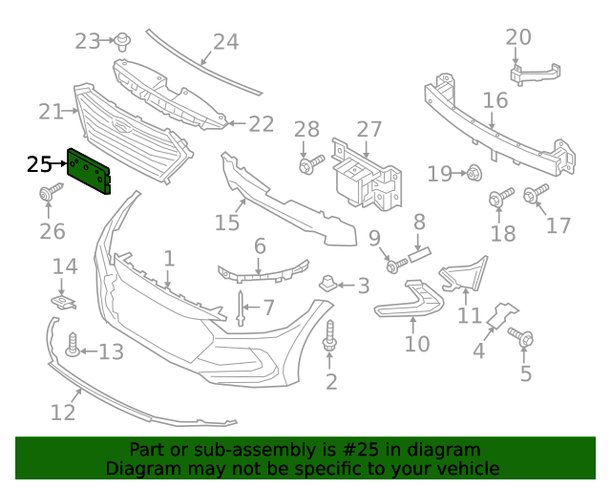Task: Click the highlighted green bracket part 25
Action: click(x=89, y=170)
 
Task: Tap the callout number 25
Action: click(x=39, y=164)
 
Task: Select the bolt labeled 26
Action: click(x=46, y=196)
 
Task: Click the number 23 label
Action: click(x=88, y=41)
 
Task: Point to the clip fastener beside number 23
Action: click(x=123, y=40)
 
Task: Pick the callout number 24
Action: click(x=225, y=41)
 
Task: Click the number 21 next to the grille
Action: click(x=51, y=112)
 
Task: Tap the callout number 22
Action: click(x=261, y=124)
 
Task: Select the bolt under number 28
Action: click(x=306, y=166)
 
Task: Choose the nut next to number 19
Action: click(x=473, y=173)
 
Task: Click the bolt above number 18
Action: click(x=496, y=199)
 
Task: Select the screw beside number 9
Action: click(x=393, y=265)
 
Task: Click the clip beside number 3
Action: click(x=327, y=284)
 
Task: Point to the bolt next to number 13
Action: click(x=73, y=344)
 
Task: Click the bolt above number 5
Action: click(x=524, y=336)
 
